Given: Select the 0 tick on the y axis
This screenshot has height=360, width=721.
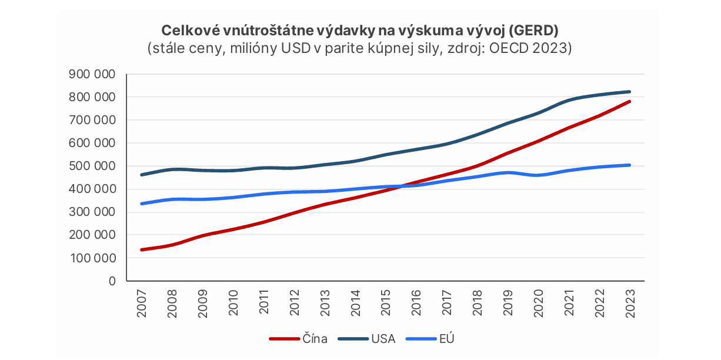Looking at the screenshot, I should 111,281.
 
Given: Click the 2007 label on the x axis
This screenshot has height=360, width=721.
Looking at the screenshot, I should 142,304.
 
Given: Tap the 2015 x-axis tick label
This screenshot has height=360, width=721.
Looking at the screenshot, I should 386,304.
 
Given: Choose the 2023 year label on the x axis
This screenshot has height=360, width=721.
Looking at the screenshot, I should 630,304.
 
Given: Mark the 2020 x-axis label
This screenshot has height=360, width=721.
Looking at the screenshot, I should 538,304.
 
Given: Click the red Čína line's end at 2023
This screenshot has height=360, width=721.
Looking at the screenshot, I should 630,101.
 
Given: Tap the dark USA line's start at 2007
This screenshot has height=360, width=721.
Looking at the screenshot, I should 142,175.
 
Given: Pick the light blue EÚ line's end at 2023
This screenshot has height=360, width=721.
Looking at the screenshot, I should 630,165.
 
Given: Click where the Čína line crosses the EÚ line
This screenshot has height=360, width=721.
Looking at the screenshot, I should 399,186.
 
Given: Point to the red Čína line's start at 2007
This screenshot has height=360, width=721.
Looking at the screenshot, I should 142,250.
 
